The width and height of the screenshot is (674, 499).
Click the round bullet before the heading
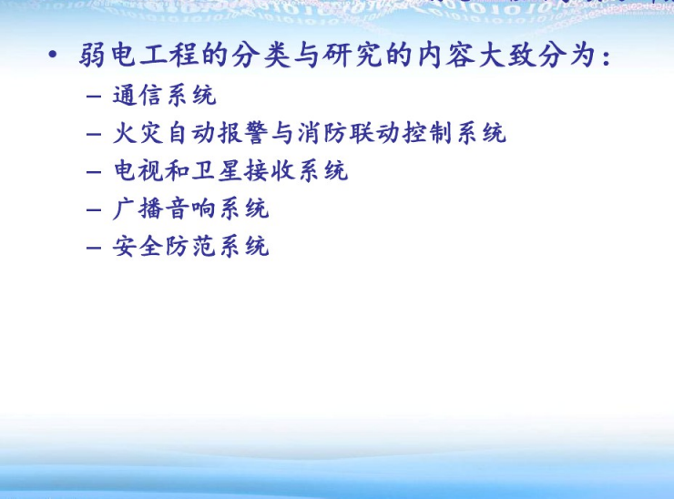53,55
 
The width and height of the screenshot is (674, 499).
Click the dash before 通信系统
93,96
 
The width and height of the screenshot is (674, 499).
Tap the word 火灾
138,133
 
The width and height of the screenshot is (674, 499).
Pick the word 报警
243,133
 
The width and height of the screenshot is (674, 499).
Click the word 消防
322,133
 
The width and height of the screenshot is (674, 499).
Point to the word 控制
427,133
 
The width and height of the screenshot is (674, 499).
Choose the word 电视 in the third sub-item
138,170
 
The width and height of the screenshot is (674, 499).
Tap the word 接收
269,170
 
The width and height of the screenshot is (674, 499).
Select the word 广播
138,209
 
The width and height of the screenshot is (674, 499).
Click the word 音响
190,209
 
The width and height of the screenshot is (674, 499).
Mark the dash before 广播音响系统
93,210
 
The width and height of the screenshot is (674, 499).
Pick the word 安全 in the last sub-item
138,246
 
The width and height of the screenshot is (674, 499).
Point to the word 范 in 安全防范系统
203,246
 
